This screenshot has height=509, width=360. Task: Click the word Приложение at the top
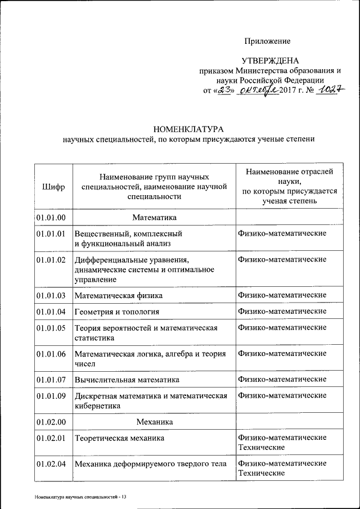click(x=267, y=41)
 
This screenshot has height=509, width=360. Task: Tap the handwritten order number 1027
click(x=330, y=90)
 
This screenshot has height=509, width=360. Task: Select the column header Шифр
click(x=53, y=186)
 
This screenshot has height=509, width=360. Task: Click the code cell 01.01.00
click(x=51, y=217)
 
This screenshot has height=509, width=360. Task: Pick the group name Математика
click(x=154, y=217)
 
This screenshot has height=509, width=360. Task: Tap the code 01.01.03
click(x=51, y=295)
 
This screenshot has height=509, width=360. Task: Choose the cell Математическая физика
click(x=119, y=295)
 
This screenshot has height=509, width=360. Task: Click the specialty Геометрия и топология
click(x=117, y=312)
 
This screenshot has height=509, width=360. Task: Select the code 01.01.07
click(x=51, y=380)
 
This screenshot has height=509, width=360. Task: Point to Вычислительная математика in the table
click(x=127, y=380)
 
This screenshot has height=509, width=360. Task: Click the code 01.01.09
click(x=51, y=396)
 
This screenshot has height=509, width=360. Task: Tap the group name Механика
click(x=154, y=421)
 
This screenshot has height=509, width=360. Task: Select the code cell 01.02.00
click(x=51, y=421)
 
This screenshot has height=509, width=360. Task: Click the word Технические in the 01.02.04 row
click(x=261, y=474)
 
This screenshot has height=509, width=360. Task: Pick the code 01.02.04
click(x=51, y=464)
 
